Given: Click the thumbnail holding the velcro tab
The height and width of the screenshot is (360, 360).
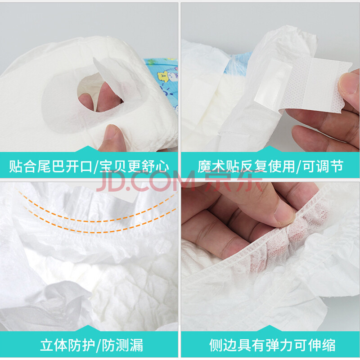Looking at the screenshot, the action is click(348, 83).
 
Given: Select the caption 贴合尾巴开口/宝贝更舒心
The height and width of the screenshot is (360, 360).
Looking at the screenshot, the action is click(89, 166).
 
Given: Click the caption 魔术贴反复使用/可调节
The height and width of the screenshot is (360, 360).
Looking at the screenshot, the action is click(270, 166).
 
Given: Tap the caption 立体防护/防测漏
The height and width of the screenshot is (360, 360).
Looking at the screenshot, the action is click(92, 345).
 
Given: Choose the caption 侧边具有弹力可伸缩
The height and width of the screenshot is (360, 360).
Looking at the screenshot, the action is click(272, 345).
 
